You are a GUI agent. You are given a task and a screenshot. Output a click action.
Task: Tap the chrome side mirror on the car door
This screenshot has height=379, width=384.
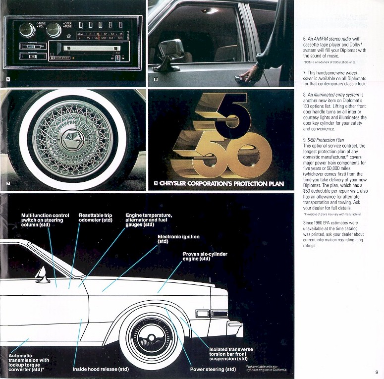pos(169,52)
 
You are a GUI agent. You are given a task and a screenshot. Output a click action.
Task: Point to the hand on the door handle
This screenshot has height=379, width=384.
pos(251,74)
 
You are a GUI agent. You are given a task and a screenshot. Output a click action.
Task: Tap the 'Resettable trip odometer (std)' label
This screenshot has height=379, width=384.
pos(96,217)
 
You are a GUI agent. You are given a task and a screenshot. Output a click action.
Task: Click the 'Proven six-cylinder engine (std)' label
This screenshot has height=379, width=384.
pos(205,256)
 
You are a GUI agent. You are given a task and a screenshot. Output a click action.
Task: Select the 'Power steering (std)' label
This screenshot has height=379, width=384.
pos(213,369)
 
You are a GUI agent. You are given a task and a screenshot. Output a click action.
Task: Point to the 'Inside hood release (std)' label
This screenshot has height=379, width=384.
pos(101,369)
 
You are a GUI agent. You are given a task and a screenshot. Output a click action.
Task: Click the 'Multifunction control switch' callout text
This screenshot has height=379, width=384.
pos(45,220)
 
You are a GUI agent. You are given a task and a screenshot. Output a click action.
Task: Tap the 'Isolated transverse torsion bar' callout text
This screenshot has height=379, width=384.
pos(231,354)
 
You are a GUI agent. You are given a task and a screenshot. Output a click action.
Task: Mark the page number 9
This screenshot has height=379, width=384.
pos(376,372)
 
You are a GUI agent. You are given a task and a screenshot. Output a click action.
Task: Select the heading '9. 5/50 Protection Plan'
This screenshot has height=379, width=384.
pos(327,140)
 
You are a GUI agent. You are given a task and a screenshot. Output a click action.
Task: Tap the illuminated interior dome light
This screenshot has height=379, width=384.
pos(210,10)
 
